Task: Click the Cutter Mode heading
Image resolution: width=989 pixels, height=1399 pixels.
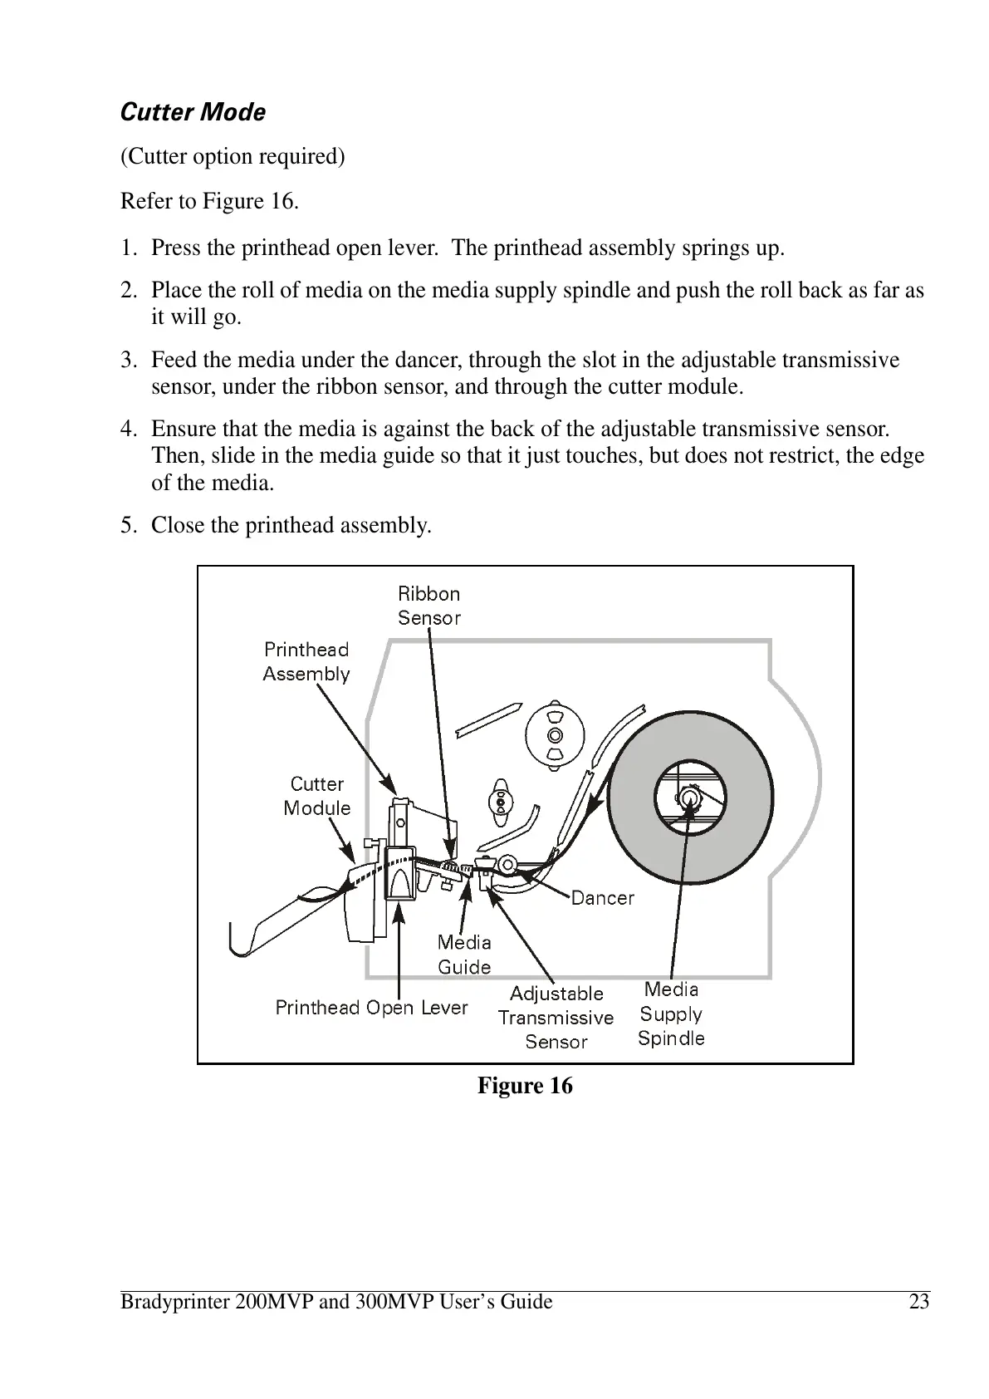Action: pos(193,112)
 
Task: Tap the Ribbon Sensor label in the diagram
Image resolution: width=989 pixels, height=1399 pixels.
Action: pos(428,606)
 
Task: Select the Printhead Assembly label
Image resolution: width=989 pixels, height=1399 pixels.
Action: pos(306,661)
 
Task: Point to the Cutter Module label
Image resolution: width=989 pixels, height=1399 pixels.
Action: pos(316,796)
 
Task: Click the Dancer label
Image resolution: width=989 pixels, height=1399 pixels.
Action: pos(603,898)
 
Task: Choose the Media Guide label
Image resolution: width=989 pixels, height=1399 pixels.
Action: pos(464,955)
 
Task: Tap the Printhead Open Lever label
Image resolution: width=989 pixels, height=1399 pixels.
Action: pos(371,1008)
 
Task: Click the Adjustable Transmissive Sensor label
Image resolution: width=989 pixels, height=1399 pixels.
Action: pos(556,1018)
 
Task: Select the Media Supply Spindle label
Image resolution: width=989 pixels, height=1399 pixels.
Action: pos(671,1014)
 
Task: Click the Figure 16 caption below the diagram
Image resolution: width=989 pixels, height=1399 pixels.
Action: pos(525,1086)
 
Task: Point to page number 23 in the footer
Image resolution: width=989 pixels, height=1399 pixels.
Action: pos(918,1302)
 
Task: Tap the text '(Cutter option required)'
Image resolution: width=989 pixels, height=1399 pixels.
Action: pos(233,156)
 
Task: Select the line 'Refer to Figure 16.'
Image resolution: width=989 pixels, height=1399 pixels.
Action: pos(209,201)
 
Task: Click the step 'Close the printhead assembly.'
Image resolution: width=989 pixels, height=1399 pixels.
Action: pos(291,525)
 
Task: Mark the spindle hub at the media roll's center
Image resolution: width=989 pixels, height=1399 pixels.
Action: pos(688,798)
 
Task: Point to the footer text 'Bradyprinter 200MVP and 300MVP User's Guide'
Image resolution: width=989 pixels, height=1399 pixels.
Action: pos(336,1302)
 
